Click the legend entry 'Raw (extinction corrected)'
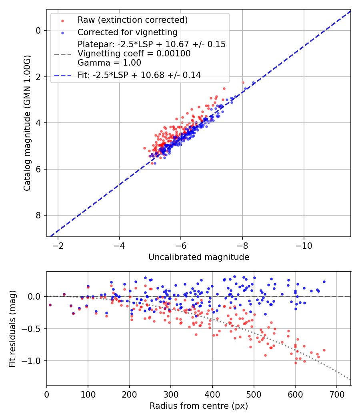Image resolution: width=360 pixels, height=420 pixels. click(x=132, y=20)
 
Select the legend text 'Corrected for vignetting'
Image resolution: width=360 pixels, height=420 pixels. click(x=127, y=32)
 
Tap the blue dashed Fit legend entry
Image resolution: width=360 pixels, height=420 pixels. click(x=139, y=75)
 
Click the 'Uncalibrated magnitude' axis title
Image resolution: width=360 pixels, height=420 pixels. click(x=199, y=257)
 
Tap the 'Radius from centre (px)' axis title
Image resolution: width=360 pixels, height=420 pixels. click(x=199, y=406)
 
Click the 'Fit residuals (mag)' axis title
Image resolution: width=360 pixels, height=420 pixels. click(x=12, y=328)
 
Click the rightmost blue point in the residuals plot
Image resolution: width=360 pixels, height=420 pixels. click(x=324, y=282)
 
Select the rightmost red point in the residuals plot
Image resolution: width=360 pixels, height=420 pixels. click(x=324, y=350)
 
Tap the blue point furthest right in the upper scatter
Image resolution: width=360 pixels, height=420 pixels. click(x=253, y=83)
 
